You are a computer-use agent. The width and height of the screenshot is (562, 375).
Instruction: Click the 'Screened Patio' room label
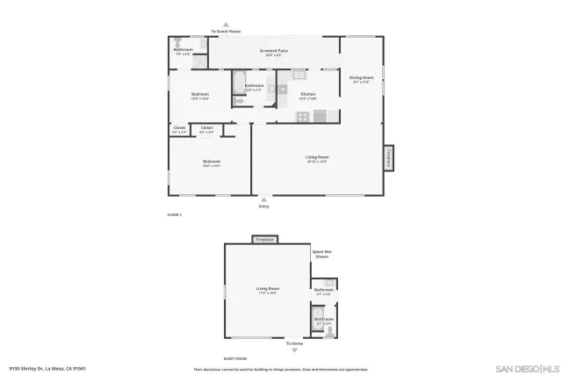click(x=274, y=51)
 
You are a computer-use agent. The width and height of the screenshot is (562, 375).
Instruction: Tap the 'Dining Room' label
click(x=360, y=78)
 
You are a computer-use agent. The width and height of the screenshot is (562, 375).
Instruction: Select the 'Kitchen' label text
click(x=307, y=94)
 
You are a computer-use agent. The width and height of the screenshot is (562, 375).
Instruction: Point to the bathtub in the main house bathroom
click(x=238, y=84)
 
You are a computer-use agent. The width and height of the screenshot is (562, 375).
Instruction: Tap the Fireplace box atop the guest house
click(x=265, y=239)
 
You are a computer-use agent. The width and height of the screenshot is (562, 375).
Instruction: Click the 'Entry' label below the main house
click(x=263, y=206)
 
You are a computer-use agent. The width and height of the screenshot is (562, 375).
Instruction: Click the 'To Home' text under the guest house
click(x=282, y=343)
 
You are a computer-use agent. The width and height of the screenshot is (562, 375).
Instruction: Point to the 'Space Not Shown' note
click(x=321, y=254)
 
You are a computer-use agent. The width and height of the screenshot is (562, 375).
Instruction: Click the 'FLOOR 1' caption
click(x=174, y=214)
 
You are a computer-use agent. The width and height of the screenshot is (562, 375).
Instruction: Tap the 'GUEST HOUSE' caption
click(x=234, y=358)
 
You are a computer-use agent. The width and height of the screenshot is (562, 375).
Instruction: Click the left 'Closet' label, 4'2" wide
click(x=179, y=128)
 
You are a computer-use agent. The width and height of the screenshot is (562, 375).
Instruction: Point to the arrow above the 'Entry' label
click(x=263, y=199)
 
